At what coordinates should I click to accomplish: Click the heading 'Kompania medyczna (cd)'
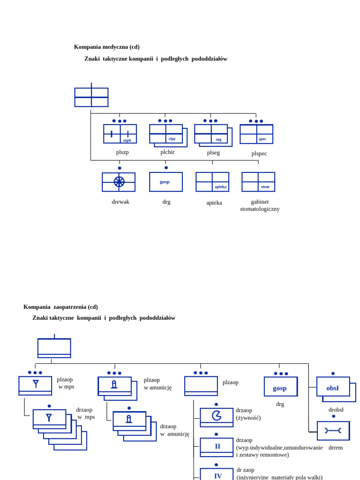106,47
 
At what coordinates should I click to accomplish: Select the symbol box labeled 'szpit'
120,134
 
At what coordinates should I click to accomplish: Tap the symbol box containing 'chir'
166,134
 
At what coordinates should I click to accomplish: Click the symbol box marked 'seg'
211,134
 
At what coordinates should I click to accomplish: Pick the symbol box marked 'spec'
256,134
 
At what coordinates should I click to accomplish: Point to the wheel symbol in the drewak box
119,182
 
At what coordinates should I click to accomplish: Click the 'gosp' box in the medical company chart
166,182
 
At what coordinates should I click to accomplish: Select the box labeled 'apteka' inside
212,182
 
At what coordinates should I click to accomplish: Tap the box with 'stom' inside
258,182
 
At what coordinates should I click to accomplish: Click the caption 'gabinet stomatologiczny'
260,205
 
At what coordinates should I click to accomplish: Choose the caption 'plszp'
122,152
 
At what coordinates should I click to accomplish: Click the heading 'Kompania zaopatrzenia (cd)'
60,307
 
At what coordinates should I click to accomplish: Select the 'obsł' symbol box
333,387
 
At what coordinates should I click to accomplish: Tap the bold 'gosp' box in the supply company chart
280,387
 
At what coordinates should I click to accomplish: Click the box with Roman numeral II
217,447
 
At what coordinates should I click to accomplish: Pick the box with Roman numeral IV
217,474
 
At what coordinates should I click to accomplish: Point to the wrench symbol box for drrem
333,430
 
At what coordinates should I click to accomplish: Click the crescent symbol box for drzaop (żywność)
217,417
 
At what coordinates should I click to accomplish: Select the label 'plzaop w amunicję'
157,383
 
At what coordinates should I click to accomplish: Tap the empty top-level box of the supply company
54,348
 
